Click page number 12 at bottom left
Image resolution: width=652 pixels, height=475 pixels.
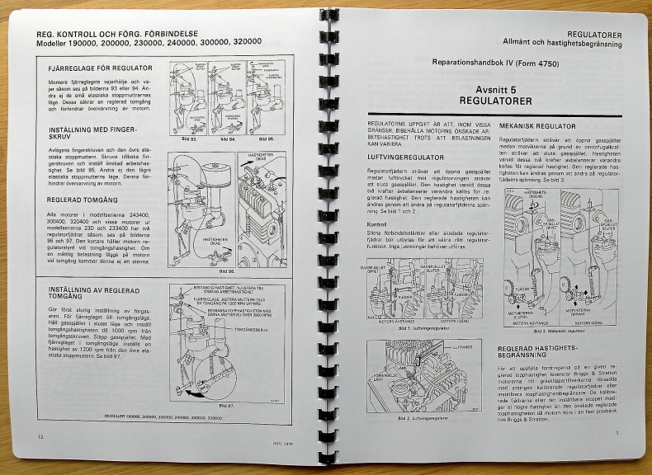pyautogui.click(x=41, y=435)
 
